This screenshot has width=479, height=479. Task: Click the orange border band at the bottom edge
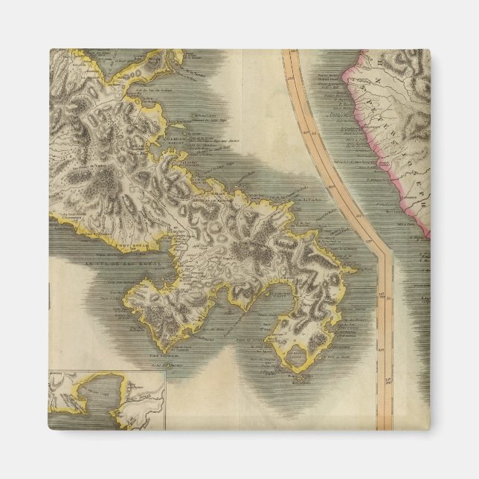pyautogui.click(x=385, y=424)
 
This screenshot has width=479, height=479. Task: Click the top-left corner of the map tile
pyautogui.click(x=51, y=51)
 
